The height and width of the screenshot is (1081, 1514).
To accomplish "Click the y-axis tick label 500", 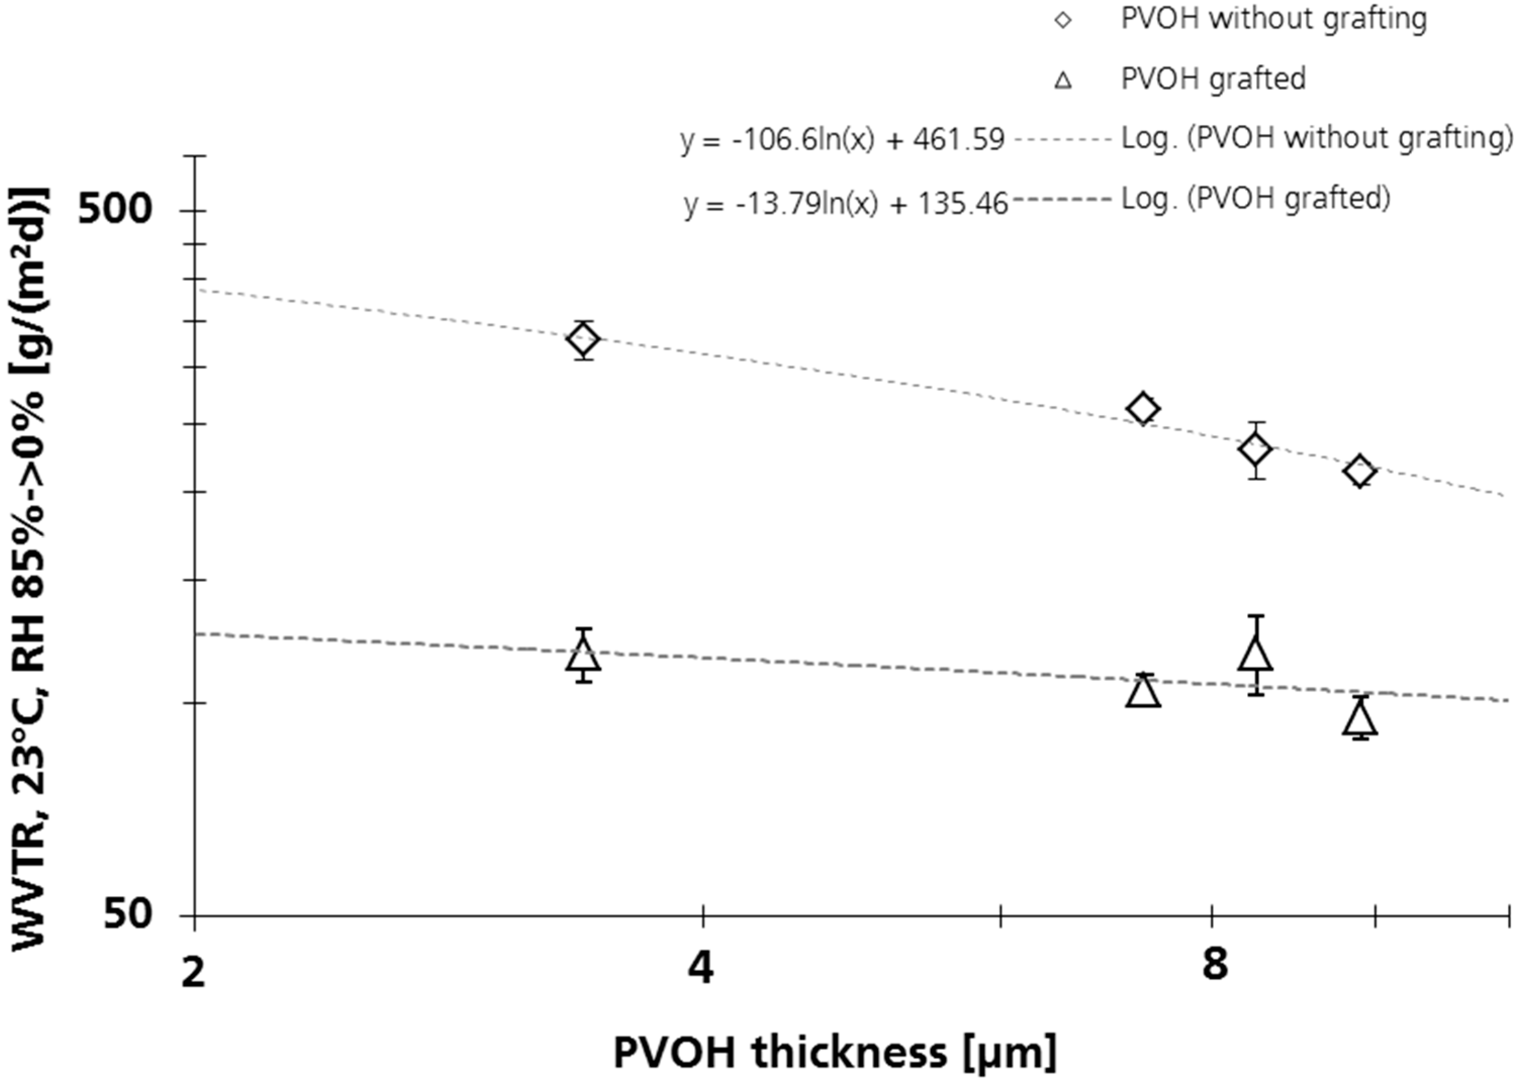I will (x=115, y=210).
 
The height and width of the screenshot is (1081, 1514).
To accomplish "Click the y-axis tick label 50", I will (x=128, y=915).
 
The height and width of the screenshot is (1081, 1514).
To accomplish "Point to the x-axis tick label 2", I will (x=194, y=972).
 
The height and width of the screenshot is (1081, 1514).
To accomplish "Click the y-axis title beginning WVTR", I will (x=30, y=566).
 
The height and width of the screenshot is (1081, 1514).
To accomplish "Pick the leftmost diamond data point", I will (x=584, y=339).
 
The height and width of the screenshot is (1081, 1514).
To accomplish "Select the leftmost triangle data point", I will (x=584, y=655).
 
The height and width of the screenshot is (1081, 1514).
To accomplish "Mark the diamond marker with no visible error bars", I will (x=1143, y=408).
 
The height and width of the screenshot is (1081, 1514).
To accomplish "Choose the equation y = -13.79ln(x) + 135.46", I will (x=845, y=204).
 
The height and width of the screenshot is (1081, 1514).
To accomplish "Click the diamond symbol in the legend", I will (x=1063, y=20).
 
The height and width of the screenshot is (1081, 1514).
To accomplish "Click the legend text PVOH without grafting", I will (x=1273, y=19).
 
